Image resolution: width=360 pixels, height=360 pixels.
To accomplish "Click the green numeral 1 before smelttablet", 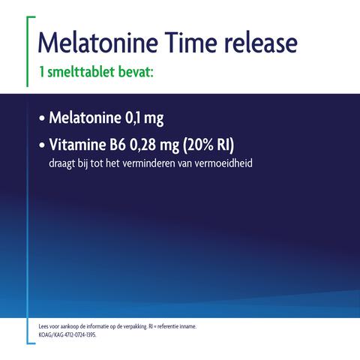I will [41, 74].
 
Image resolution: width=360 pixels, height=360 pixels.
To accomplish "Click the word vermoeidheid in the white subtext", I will [225, 161].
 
